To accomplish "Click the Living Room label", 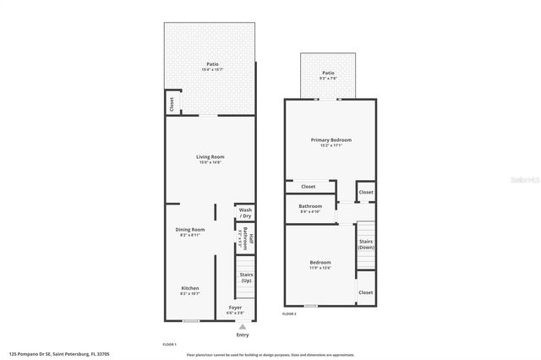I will click(210, 156).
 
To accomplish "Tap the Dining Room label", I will click(190, 230).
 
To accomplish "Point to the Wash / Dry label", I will click(245, 212).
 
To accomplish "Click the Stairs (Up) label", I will click(246, 277).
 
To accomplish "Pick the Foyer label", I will click(235, 308).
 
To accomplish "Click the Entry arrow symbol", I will click(243, 325).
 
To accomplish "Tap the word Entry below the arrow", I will click(243, 335).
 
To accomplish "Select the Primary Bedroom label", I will click(331, 139).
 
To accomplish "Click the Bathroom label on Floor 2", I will click(310, 206).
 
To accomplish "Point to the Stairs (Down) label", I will click(366, 244).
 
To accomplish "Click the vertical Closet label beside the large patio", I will click(172, 104).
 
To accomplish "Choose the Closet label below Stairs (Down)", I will click(365, 292).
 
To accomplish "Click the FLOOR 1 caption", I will click(170, 345).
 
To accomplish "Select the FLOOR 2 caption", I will click(289, 314).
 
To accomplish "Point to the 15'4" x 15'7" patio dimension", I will click(210, 69).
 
